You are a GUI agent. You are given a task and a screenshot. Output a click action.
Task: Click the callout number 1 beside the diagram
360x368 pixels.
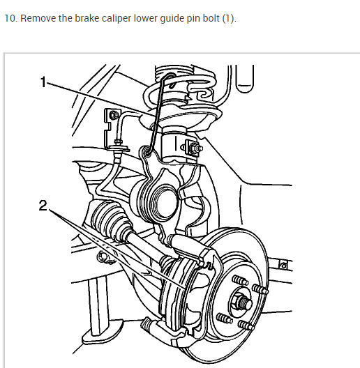click(43, 82)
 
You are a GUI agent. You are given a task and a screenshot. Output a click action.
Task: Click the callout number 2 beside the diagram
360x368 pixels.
click(43, 206)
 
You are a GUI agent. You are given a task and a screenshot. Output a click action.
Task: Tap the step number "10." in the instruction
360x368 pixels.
click(10, 18)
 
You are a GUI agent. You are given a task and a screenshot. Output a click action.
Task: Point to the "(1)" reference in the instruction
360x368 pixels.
click(230, 18)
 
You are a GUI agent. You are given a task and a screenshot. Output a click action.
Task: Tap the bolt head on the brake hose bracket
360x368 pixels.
click(114, 115)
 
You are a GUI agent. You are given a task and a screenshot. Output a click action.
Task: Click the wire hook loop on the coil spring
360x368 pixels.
click(171, 79)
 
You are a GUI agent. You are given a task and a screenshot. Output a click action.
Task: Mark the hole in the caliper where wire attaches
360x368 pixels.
click(148, 151)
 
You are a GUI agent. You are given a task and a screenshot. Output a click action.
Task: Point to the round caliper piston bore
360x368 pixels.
click(165, 203)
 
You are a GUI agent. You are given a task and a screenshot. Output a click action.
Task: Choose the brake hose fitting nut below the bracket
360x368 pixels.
click(118, 142)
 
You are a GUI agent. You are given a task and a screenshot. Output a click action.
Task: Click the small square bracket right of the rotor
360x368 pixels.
click(284, 266)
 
